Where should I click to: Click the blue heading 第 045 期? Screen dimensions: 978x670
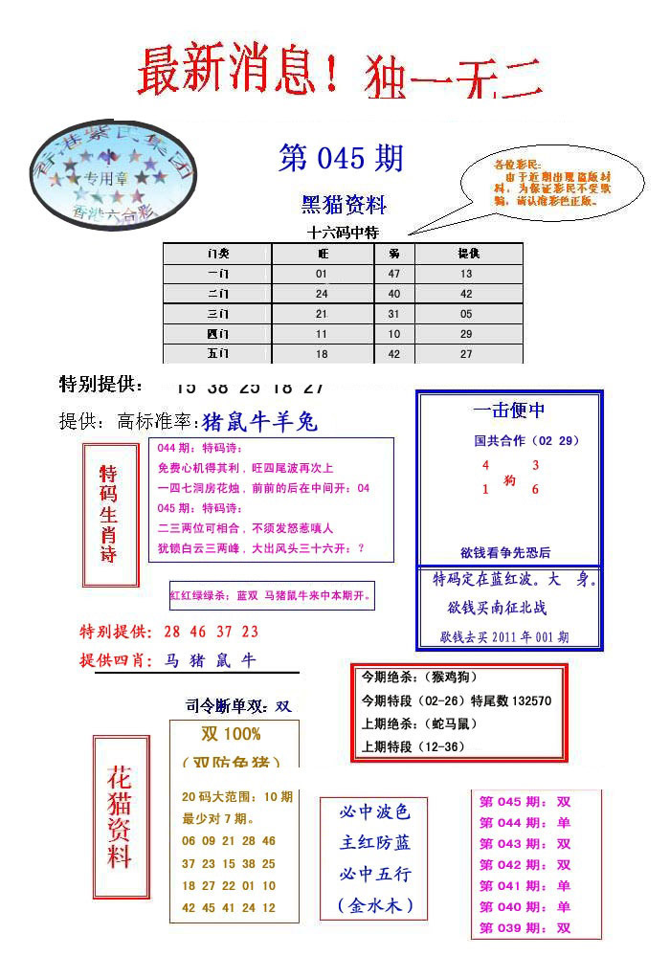click(x=341, y=158)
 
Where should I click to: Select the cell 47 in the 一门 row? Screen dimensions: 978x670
click(x=394, y=274)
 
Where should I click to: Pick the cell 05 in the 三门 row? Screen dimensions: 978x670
click(x=466, y=314)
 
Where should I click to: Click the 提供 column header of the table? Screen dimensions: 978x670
click(x=468, y=254)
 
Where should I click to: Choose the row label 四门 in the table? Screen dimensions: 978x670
click(x=218, y=334)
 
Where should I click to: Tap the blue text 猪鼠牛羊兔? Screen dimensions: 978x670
click(x=260, y=422)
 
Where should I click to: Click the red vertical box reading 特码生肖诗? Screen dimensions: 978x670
click(x=110, y=514)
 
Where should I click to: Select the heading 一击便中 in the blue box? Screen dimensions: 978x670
click(x=509, y=411)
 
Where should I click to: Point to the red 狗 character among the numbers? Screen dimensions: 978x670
click(x=509, y=481)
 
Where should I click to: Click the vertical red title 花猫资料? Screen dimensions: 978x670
click(x=120, y=816)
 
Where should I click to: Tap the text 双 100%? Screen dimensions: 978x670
click(x=231, y=734)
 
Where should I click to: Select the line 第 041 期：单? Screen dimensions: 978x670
click(x=525, y=886)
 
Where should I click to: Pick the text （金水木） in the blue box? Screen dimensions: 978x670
click(x=374, y=904)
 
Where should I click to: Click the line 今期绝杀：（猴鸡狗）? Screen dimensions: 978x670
click(x=416, y=677)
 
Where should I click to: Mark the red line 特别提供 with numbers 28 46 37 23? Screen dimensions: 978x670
click(x=169, y=632)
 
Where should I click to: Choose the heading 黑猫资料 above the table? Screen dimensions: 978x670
click(x=345, y=205)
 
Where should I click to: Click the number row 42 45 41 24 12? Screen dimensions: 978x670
click(x=229, y=907)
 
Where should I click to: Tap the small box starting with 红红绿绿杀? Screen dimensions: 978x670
click(x=271, y=595)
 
